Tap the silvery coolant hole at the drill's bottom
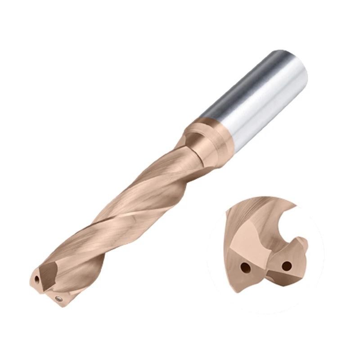click(x=58, y=298)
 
